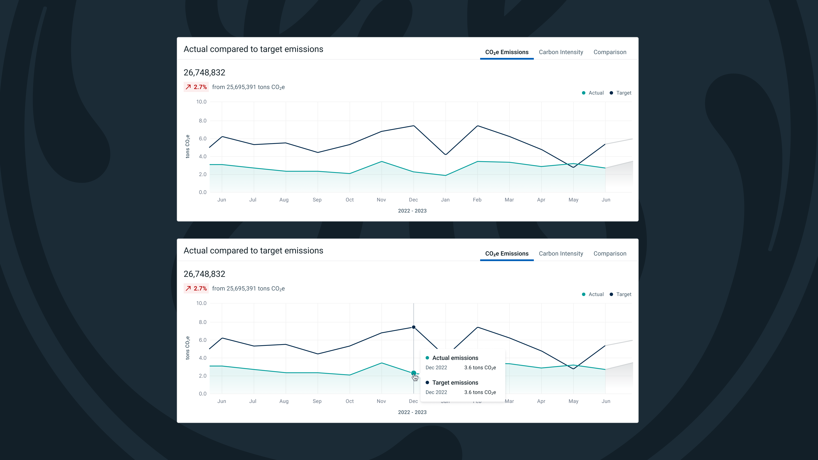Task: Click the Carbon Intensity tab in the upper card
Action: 561,52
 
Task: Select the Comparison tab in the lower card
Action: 610,254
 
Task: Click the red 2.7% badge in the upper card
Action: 196,87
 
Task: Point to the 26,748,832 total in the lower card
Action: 204,274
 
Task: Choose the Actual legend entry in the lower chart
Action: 593,294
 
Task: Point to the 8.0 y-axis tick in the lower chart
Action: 203,322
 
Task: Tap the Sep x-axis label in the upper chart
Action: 317,200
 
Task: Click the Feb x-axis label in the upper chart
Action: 477,200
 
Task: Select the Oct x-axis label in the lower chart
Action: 350,401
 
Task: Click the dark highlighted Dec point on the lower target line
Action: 413,327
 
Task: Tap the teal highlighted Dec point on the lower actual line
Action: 413,373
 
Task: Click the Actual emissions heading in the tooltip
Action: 455,358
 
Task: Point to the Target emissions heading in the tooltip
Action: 455,382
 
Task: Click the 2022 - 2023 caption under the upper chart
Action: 412,211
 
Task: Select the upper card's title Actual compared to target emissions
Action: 253,49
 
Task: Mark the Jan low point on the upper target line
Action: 445,154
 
